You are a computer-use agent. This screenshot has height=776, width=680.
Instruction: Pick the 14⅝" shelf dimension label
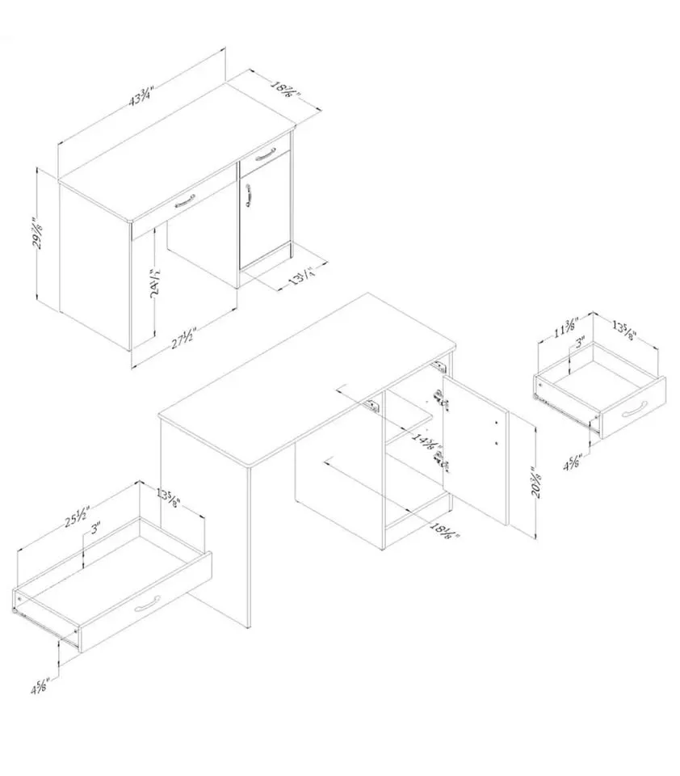click(426, 444)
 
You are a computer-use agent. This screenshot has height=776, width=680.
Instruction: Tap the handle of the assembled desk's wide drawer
click(185, 200)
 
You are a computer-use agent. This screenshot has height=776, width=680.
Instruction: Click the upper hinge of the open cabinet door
click(439, 396)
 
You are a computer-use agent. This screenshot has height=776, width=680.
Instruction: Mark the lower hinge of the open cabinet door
click(439, 461)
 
